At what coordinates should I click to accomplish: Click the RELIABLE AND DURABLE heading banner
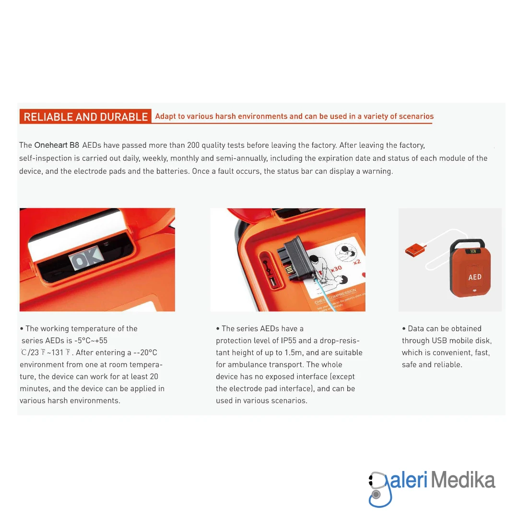(85, 117)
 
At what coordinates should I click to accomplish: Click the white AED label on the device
(474, 277)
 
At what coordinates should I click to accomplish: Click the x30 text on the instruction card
(336, 269)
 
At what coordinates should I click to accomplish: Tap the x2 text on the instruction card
(357, 262)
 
